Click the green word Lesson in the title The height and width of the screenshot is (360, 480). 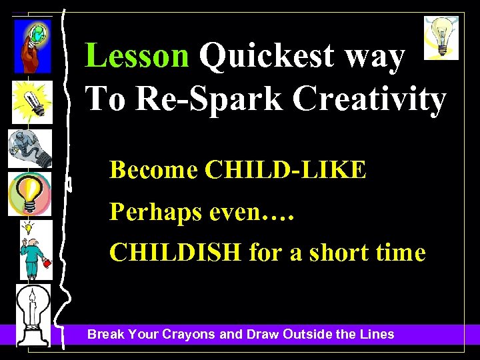coord(137,57)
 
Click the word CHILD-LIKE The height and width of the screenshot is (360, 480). coord(286,170)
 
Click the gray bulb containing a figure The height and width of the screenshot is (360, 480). coord(29,148)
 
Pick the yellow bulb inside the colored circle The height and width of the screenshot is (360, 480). coord(29,193)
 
